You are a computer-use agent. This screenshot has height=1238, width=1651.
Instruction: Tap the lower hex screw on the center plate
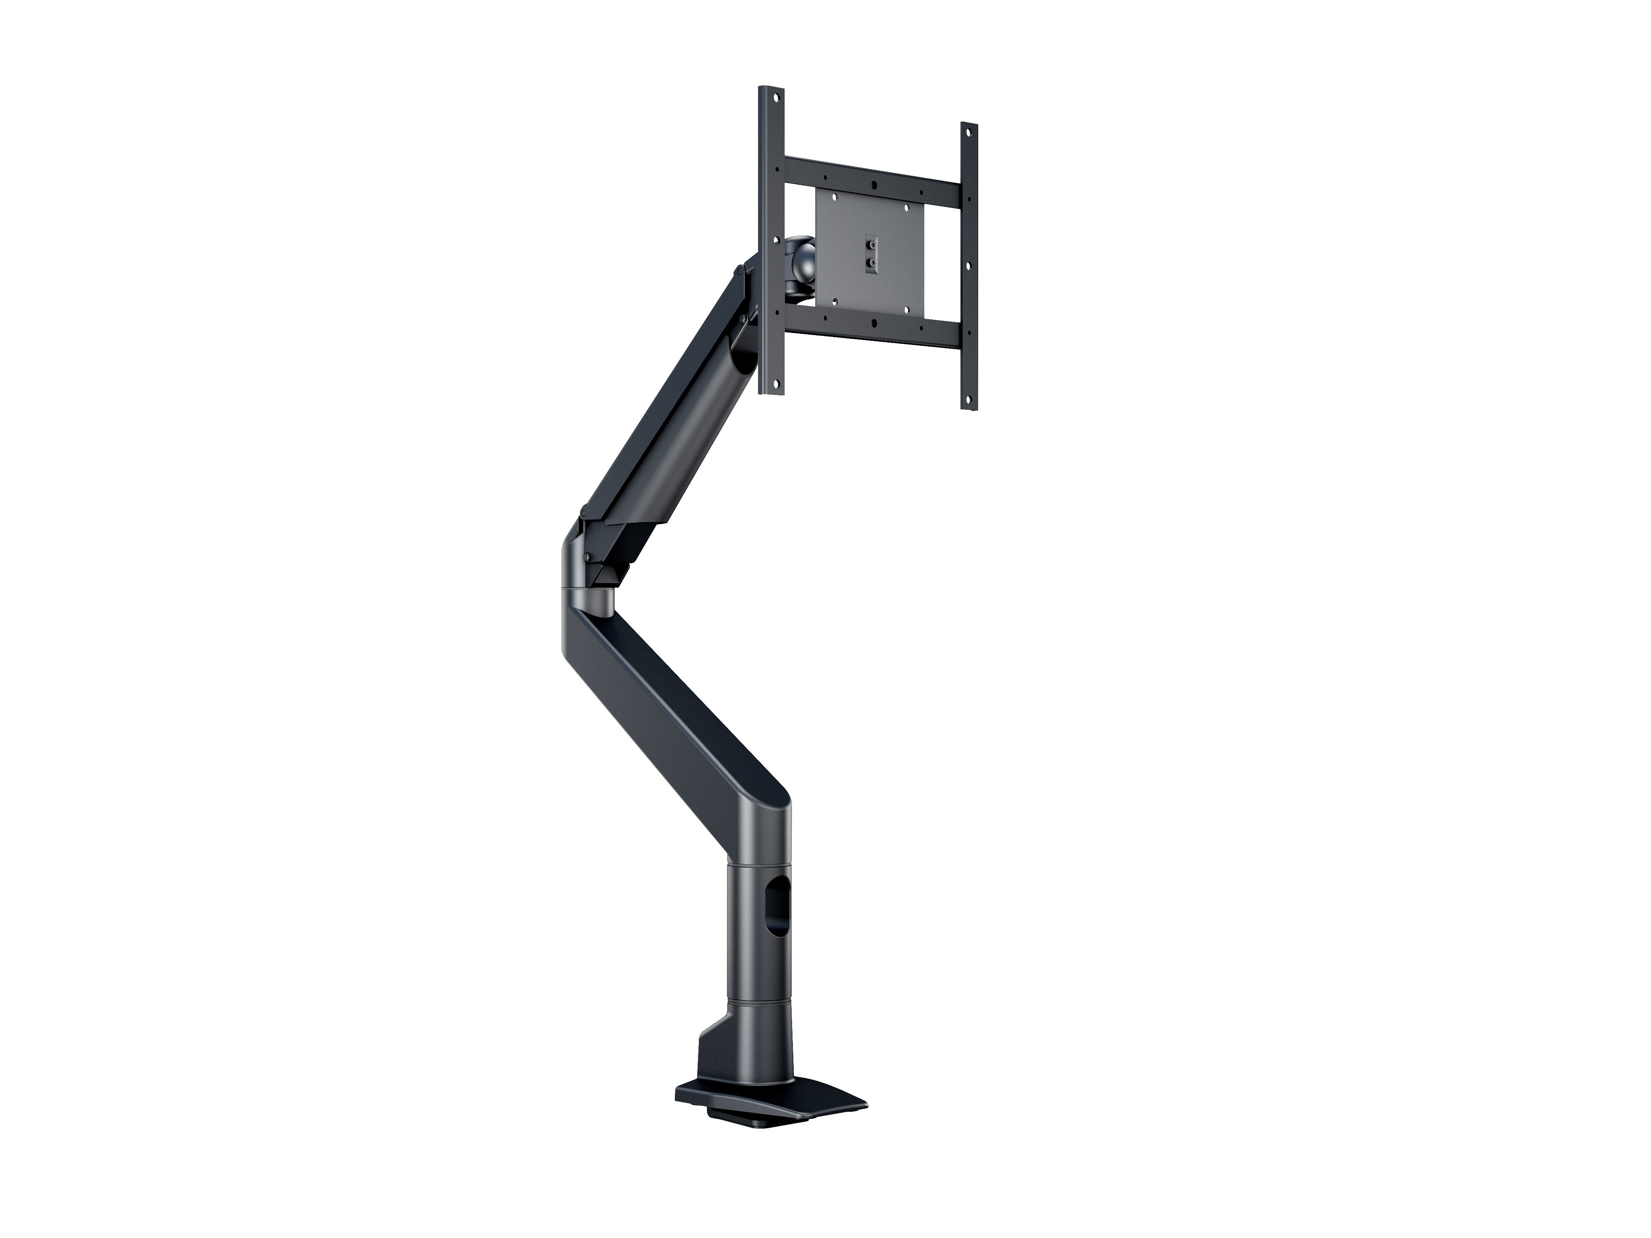[x=870, y=263]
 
